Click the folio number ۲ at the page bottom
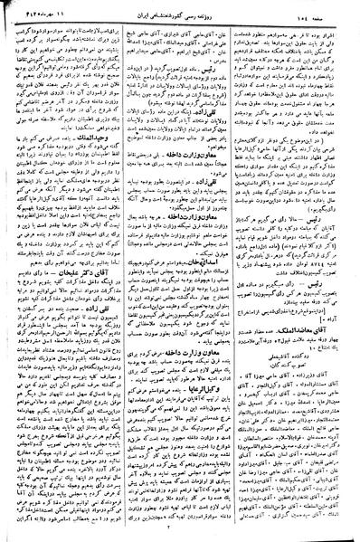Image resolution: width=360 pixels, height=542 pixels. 181,534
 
